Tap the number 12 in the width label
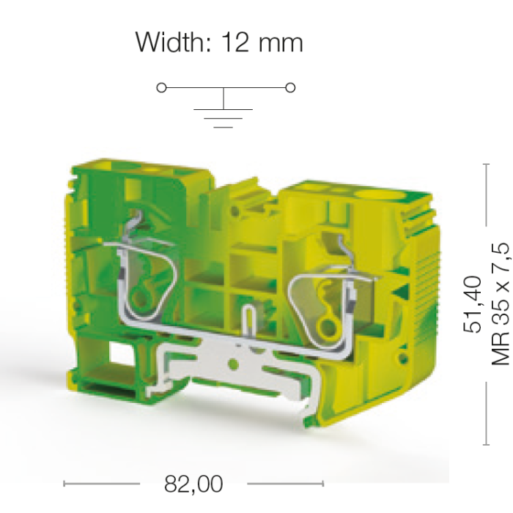click(x=235, y=43)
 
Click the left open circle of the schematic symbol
click(x=162, y=88)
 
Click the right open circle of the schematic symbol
click(x=290, y=88)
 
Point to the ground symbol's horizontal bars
click(x=223, y=118)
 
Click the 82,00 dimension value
click(x=193, y=484)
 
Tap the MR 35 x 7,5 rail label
click(x=501, y=304)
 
